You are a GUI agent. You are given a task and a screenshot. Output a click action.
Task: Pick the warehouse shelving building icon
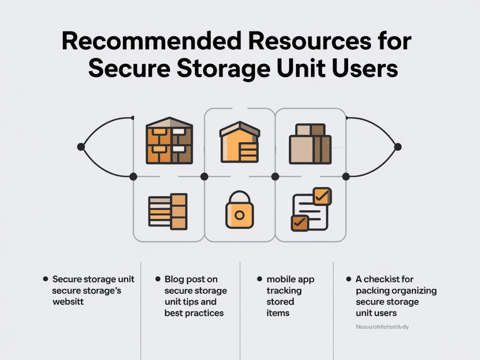pyautogui.click(x=169, y=140)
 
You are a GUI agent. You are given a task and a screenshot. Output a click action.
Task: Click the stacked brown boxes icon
pyautogui.click(x=310, y=144)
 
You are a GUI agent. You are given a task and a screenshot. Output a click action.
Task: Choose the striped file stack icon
pyautogui.click(x=168, y=211)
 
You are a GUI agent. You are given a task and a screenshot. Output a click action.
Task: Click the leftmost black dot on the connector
pyautogui.click(x=81, y=147)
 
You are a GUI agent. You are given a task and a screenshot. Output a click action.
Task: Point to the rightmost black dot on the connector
pyautogui.click(x=398, y=147)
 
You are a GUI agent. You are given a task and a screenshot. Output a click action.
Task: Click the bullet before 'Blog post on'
pyautogui.click(x=158, y=279)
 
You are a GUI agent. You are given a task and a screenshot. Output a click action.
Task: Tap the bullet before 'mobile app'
pyautogui.click(x=260, y=279)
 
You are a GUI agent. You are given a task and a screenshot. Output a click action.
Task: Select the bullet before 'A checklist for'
pyautogui.click(x=349, y=279)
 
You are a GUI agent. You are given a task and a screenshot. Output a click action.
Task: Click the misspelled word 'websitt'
pyautogui.click(x=68, y=302)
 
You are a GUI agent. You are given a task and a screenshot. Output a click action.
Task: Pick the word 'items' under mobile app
pyautogui.click(x=278, y=313)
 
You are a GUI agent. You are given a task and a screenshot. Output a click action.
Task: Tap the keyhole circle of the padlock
pyautogui.click(x=240, y=215)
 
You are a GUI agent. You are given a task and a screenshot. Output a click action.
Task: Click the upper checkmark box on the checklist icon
pyautogui.click(x=322, y=196)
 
